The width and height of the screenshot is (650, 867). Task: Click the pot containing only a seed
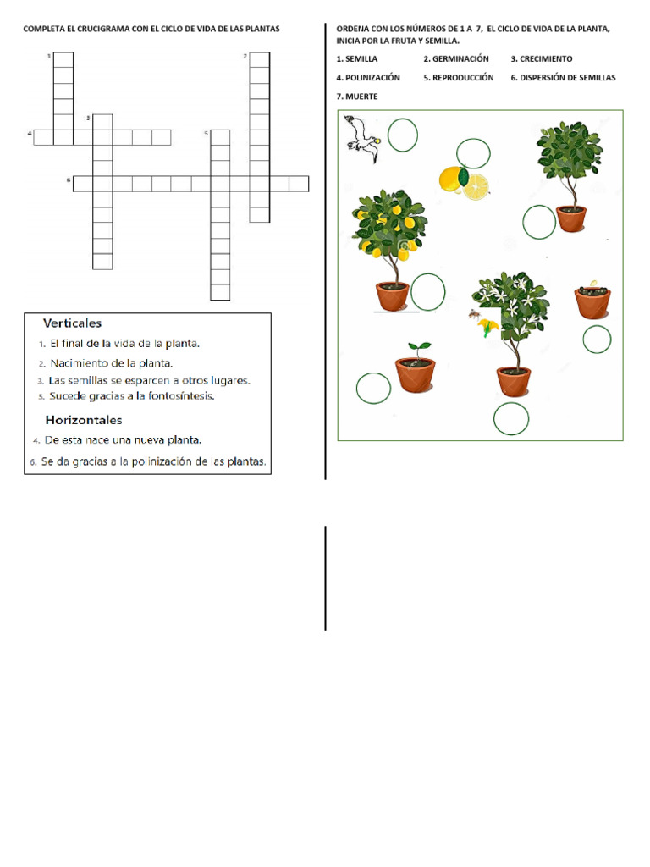point(592,300)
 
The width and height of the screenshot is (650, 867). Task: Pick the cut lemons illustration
point(464,183)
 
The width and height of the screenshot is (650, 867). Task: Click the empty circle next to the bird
point(402,135)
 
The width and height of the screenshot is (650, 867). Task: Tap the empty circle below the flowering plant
point(511,418)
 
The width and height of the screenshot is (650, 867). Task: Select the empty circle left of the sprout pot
point(373,388)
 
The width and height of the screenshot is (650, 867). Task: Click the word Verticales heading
point(73,323)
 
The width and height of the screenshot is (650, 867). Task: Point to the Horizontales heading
point(84,420)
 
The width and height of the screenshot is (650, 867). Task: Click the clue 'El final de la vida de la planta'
point(124,344)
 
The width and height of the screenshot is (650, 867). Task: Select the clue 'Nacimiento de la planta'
point(111,363)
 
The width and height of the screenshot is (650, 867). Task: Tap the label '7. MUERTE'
point(357,97)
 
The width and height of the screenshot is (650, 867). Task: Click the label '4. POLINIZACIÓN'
point(368,77)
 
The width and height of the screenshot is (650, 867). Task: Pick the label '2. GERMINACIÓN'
point(456,58)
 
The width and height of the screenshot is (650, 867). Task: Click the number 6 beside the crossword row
point(69,180)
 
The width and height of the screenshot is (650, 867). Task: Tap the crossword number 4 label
point(30,134)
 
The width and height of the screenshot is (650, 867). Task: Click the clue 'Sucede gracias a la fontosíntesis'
point(131,395)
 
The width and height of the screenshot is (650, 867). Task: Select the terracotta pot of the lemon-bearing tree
point(393,296)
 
